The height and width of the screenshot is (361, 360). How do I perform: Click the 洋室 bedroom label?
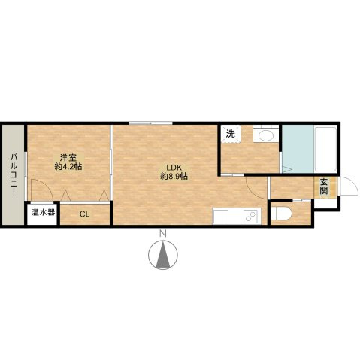68,158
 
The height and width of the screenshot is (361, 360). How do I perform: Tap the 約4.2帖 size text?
68,167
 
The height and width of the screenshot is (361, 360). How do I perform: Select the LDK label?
174,167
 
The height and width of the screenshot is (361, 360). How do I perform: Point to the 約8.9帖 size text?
174,176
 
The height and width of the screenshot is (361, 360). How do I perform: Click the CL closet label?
84,214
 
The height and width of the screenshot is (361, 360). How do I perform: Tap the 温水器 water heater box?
43,213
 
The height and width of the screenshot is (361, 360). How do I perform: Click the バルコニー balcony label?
14,175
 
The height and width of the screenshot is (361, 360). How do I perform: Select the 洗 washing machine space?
231,134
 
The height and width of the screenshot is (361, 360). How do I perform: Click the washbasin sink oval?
266,136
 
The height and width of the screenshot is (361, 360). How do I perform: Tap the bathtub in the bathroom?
325,149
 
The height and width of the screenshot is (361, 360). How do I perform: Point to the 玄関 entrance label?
324,187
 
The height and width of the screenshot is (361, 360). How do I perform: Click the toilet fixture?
281,214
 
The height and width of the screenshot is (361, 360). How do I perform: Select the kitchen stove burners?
250,216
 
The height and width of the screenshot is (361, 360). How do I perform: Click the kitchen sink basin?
220,216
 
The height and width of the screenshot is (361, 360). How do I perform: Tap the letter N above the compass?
163,234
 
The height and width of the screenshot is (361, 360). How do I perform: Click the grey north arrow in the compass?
163,255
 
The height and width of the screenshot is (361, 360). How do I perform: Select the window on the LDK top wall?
151,123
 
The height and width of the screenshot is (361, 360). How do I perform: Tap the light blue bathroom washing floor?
298,149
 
